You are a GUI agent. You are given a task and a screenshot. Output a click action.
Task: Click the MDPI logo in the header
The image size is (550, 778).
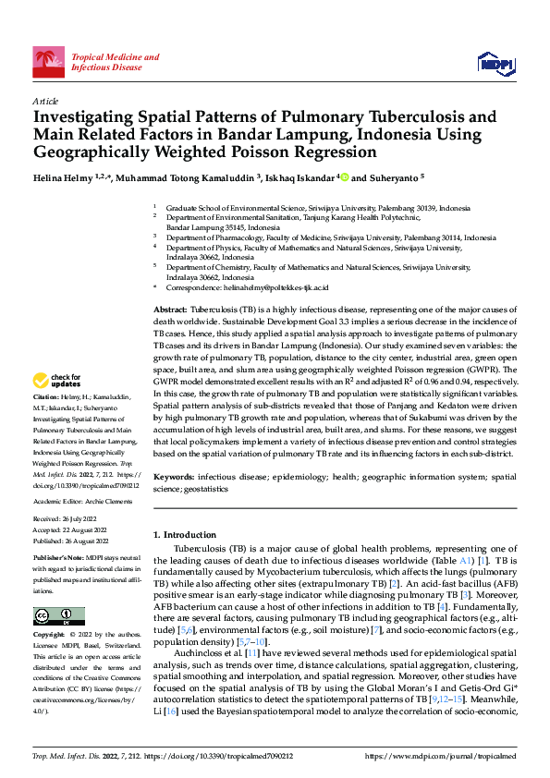click(x=495, y=62)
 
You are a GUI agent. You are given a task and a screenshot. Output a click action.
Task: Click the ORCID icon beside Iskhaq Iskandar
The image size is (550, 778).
click(x=344, y=176)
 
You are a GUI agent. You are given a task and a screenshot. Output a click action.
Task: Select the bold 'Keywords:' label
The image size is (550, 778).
click(x=173, y=476)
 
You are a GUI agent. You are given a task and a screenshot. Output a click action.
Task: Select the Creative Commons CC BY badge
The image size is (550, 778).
click(x=58, y=615)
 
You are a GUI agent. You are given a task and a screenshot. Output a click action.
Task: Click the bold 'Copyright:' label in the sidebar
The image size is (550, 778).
click(x=50, y=636)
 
